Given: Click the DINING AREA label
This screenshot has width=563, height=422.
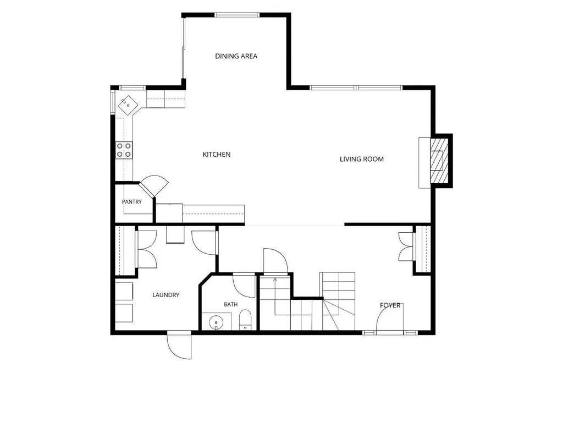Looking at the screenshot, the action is tap(236, 56).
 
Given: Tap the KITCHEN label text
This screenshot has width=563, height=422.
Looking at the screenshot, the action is tap(217, 155).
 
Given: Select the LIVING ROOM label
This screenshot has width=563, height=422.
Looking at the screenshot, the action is tap(362, 159).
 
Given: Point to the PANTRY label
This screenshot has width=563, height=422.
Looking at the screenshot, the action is tap(132, 202).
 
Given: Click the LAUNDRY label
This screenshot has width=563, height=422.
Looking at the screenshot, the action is tap(166, 295).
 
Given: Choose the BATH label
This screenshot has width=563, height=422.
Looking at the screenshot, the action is tap(230, 304).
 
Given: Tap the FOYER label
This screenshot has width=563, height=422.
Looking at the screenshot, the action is tap(390, 305).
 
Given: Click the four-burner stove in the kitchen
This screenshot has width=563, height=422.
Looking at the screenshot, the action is tap(124, 150).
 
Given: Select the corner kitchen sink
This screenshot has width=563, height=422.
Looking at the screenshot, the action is tap(128, 105).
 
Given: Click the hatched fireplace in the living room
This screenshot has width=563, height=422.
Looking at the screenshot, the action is tap(439, 160).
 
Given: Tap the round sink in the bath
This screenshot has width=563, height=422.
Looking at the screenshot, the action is tap(216, 322).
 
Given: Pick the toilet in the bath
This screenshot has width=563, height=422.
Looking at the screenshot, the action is tap(245, 320).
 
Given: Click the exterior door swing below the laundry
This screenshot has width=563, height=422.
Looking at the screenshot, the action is tap(179, 345).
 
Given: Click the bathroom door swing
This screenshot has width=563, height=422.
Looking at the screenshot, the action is tap(244, 286).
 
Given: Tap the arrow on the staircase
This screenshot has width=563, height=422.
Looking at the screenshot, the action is tap(275, 279).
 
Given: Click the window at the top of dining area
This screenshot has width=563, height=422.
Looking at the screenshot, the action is tap(237, 15).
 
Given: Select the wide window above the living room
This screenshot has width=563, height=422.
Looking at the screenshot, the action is tap(356, 87).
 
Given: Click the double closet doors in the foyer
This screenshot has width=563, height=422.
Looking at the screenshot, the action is tap(406, 246).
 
